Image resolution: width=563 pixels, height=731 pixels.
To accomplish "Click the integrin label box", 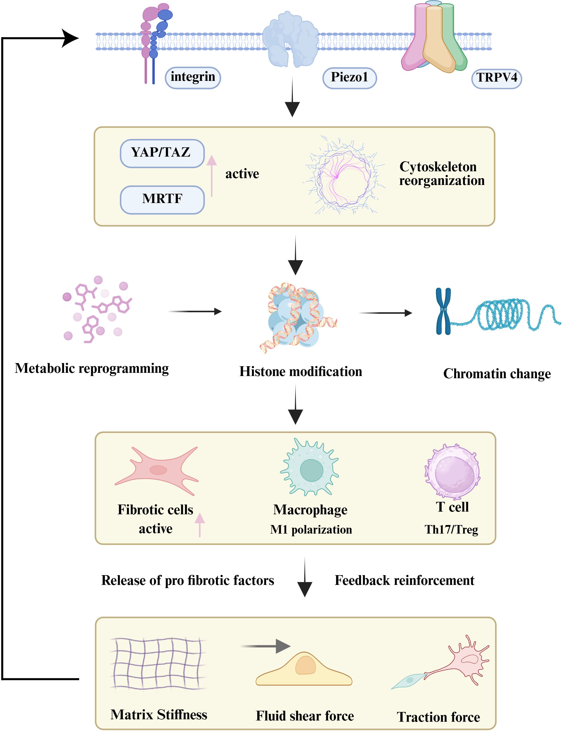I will [x=193, y=77].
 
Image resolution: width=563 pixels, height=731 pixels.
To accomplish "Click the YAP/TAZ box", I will [x=162, y=153].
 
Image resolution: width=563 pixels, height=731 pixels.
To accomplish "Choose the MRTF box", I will [x=162, y=199].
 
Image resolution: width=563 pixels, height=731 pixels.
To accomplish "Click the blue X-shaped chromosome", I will [x=443, y=311].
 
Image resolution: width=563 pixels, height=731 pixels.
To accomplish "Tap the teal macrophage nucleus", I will [x=311, y=470].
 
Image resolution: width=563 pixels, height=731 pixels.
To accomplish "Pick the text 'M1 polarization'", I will [x=311, y=529].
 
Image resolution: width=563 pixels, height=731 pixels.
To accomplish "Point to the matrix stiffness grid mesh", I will [x=157, y=664].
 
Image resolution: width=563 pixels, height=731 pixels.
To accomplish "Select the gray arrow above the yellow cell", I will [x=266, y=646].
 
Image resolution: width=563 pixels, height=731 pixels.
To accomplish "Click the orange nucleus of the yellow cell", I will [x=305, y=665].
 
